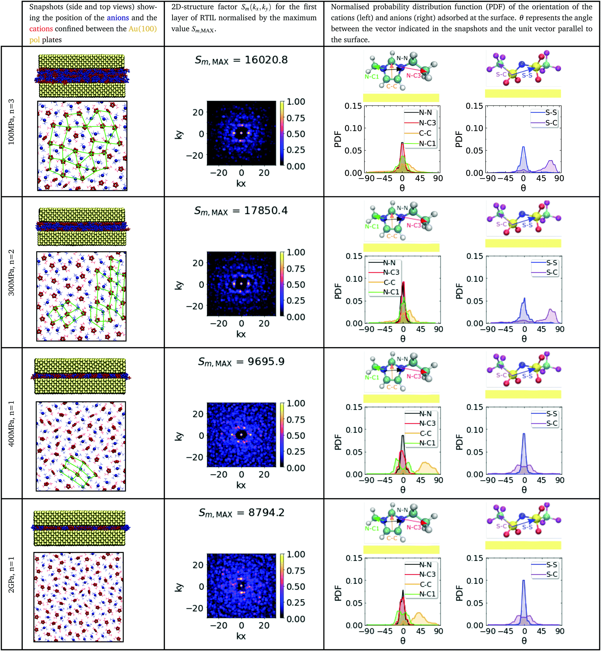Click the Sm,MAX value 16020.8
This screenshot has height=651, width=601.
pyautogui.click(x=266, y=60)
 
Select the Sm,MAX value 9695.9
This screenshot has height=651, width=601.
pyautogui.click(x=266, y=362)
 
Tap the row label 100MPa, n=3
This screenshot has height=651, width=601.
pyautogui.click(x=11, y=122)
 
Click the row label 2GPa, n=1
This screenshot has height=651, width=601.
pyautogui.click(x=11, y=575)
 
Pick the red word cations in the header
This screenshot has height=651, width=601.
pyautogui.click(x=41, y=29)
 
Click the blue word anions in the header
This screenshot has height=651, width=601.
pyautogui.click(x=118, y=17)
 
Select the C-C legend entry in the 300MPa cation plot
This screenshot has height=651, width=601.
pyautogui.click(x=389, y=282)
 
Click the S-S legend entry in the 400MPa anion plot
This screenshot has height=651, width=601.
pyautogui.click(x=551, y=414)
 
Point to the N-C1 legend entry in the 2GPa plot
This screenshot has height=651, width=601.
pyautogui.click(x=427, y=594)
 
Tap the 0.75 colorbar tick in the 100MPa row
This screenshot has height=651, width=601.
pyautogui.click(x=296, y=118)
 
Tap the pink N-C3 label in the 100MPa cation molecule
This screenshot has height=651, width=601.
pyautogui.click(x=413, y=75)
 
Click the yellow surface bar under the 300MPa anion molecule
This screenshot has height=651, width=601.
pyautogui.click(x=523, y=243)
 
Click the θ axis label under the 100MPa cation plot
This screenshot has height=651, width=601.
pyautogui.click(x=402, y=188)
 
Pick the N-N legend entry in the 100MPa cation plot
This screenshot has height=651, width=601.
pyautogui.click(x=425, y=113)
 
